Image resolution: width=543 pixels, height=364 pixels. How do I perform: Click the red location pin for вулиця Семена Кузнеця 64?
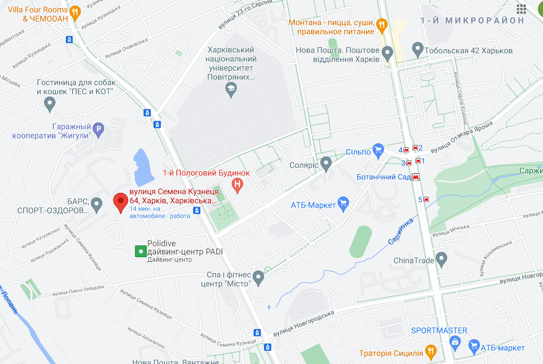[120, 201]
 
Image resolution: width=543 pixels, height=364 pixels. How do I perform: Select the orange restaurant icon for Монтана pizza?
[382, 25]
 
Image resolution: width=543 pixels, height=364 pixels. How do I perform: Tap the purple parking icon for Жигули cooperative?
[98, 130]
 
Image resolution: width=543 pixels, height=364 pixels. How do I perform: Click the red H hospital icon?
[237, 184]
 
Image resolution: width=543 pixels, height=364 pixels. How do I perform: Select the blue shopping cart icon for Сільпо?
[378, 150]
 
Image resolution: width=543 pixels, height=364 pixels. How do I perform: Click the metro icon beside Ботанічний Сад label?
[415, 177]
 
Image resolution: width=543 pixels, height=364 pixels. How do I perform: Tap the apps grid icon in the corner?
[521, 9]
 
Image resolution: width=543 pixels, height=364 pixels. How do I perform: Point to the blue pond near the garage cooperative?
[144, 163]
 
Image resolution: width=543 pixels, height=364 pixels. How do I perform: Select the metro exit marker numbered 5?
[426, 199]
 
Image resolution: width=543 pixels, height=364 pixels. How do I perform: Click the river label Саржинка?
[400, 231]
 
